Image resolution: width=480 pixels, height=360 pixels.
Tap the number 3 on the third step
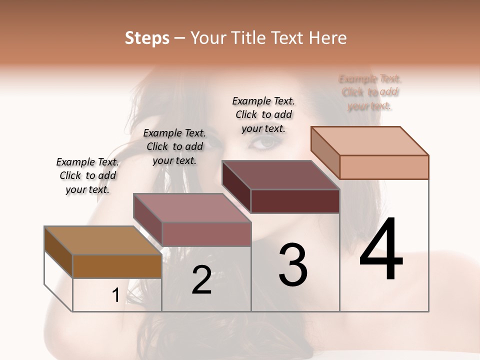[292, 264]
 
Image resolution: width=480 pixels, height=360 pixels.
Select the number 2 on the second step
[201, 279]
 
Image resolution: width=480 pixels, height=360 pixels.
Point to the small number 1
[115, 295]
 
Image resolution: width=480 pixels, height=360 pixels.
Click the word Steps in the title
[147, 38]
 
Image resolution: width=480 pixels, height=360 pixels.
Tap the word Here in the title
[329, 38]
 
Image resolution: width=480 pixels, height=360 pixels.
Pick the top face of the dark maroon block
[280, 175]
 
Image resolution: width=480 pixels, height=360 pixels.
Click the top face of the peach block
[369, 141]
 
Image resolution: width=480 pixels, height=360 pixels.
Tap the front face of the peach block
[384, 167]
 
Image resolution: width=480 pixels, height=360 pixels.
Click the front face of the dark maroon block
[295, 201]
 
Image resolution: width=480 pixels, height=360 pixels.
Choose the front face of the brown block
[117, 266]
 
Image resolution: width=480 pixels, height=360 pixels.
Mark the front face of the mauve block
[206, 234]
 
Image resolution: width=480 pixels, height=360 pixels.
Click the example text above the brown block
[87, 175]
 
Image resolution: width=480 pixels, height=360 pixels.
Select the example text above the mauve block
[174, 146]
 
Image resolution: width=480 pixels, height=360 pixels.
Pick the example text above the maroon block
[263, 114]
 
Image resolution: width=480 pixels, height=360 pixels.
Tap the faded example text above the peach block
[370, 92]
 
